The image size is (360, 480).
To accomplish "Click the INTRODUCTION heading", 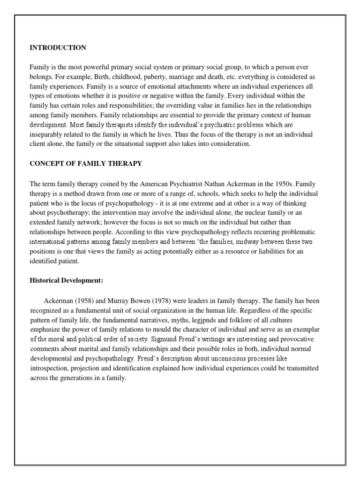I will coord(58,47).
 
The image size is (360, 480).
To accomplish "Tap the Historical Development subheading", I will coord(66,280).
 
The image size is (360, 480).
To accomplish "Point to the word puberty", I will coord(155,77).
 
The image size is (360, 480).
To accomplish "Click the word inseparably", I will coord(47,135).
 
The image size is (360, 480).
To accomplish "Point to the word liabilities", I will coord(266,251).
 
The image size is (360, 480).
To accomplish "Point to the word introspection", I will coord(50,368).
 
